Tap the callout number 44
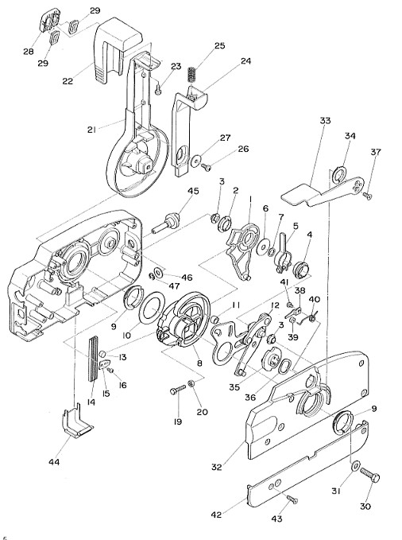(x=54, y=462)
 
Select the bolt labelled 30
(x=370, y=476)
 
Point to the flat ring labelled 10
(x=151, y=308)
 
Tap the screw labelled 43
(x=292, y=499)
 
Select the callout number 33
(x=325, y=121)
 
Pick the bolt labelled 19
(x=178, y=390)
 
